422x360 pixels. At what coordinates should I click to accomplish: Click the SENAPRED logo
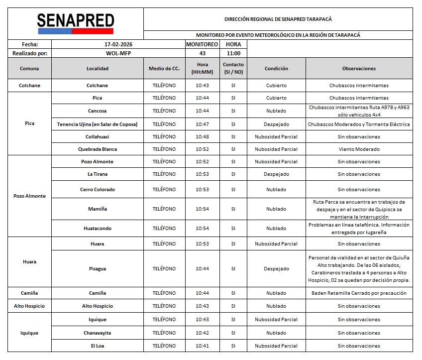point(76,23)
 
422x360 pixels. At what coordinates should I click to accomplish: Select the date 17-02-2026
point(115,44)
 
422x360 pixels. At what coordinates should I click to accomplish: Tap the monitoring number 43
point(202,53)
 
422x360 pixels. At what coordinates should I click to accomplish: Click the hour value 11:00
point(233,53)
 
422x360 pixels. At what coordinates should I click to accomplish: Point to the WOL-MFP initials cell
point(115,53)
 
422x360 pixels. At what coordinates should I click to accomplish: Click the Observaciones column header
point(359,69)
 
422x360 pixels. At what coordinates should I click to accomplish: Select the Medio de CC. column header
point(164,69)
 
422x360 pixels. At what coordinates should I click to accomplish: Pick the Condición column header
point(276,69)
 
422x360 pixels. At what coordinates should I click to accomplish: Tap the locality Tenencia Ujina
point(98,124)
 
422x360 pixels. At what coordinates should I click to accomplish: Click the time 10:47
point(202,124)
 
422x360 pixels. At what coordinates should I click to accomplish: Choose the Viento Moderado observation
point(359,149)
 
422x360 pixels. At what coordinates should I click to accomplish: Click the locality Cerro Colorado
point(98,190)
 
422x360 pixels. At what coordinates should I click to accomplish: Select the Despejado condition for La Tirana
point(276,174)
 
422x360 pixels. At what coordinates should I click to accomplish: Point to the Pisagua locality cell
point(98,269)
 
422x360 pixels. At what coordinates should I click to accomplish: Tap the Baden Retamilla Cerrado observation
point(359,293)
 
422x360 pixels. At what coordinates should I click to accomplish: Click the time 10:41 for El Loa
point(202,346)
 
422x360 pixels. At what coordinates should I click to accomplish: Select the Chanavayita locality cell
point(98,333)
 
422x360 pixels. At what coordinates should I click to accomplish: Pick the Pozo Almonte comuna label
point(29,196)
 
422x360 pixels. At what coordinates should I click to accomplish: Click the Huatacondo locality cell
point(98,229)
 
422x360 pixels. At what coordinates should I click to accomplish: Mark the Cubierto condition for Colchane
point(276,86)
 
